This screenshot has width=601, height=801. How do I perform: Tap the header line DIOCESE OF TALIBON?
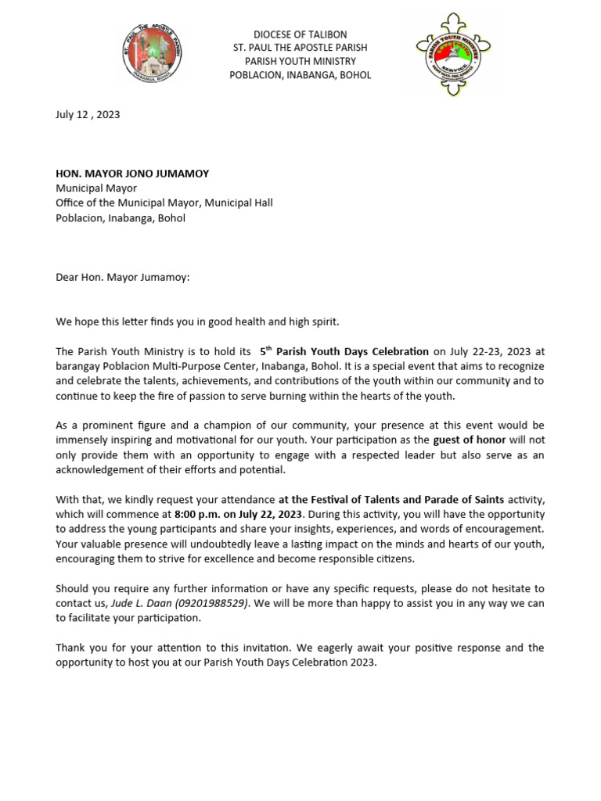pyautogui.click(x=300, y=35)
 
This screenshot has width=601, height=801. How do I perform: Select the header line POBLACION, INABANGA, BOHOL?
pyautogui.click(x=300, y=75)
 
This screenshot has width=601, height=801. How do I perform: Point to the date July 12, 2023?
pyautogui.click(x=88, y=114)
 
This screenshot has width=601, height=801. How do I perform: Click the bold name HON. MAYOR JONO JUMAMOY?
pyautogui.click(x=132, y=174)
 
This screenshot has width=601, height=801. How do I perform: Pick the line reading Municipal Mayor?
pyautogui.click(x=95, y=189)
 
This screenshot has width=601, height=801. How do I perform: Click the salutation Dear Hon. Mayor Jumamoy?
pyautogui.click(x=122, y=277)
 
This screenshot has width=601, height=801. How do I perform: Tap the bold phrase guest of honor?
pyautogui.click(x=470, y=440)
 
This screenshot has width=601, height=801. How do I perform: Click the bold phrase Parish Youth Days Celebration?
pyautogui.click(x=352, y=352)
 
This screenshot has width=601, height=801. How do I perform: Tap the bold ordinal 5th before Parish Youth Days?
pyautogui.click(x=265, y=351)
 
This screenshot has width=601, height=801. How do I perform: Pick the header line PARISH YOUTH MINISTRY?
pyautogui.click(x=300, y=62)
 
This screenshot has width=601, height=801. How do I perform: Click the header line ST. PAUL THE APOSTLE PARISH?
pyautogui.click(x=300, y=48)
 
